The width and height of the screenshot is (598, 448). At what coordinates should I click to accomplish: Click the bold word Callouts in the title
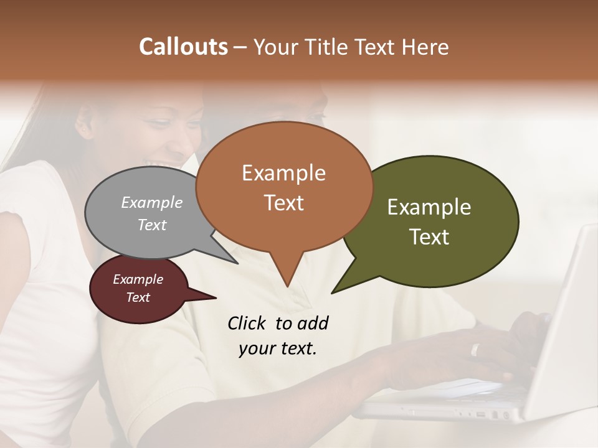point(183,47)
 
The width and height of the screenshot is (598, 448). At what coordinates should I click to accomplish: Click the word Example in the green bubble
point(429,207)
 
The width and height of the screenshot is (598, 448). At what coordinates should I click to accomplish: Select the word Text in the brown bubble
point(284,203)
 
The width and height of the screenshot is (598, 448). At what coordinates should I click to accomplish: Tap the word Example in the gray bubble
point(151,203)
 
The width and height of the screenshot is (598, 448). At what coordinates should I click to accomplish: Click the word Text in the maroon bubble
point(138,297)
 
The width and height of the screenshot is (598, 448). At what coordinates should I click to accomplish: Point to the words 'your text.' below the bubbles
point(278,348)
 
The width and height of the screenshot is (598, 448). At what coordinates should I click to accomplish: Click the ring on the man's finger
point(475,350)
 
